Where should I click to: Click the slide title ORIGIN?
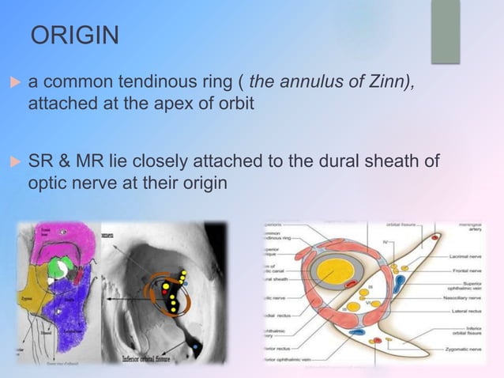pyautogui.click(x=75, y=36)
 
